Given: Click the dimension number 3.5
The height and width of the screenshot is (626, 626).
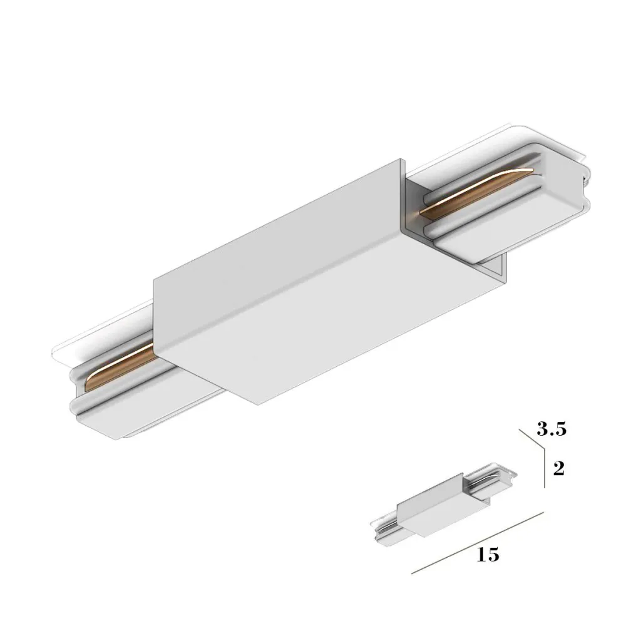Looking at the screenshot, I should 552,429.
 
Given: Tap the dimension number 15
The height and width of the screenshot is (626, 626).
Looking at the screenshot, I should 488,555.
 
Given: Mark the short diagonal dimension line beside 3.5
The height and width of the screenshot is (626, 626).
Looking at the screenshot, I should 532,439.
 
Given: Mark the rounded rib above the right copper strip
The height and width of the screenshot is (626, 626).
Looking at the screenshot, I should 476,175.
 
